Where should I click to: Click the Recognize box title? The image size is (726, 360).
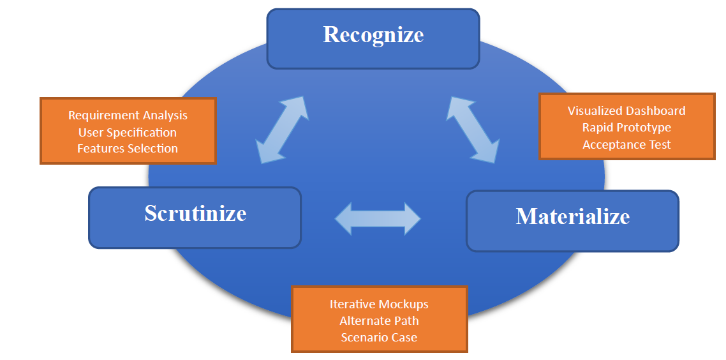373,34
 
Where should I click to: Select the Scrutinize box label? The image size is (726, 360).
195,213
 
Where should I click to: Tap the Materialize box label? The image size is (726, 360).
572,216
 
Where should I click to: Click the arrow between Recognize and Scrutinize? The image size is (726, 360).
282,130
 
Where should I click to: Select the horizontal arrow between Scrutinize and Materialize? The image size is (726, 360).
378,218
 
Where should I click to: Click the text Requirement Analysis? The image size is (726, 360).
128,116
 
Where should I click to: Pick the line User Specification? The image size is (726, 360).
128,132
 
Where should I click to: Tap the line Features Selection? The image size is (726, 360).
128,148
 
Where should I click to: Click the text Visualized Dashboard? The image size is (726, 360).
626,110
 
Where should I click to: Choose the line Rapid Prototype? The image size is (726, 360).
626,128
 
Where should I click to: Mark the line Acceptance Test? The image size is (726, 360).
626,144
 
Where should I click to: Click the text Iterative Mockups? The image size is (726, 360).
379,304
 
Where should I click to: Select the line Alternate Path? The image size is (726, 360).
379,320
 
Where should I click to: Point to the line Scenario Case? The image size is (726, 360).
379,337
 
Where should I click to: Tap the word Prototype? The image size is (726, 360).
644,128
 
